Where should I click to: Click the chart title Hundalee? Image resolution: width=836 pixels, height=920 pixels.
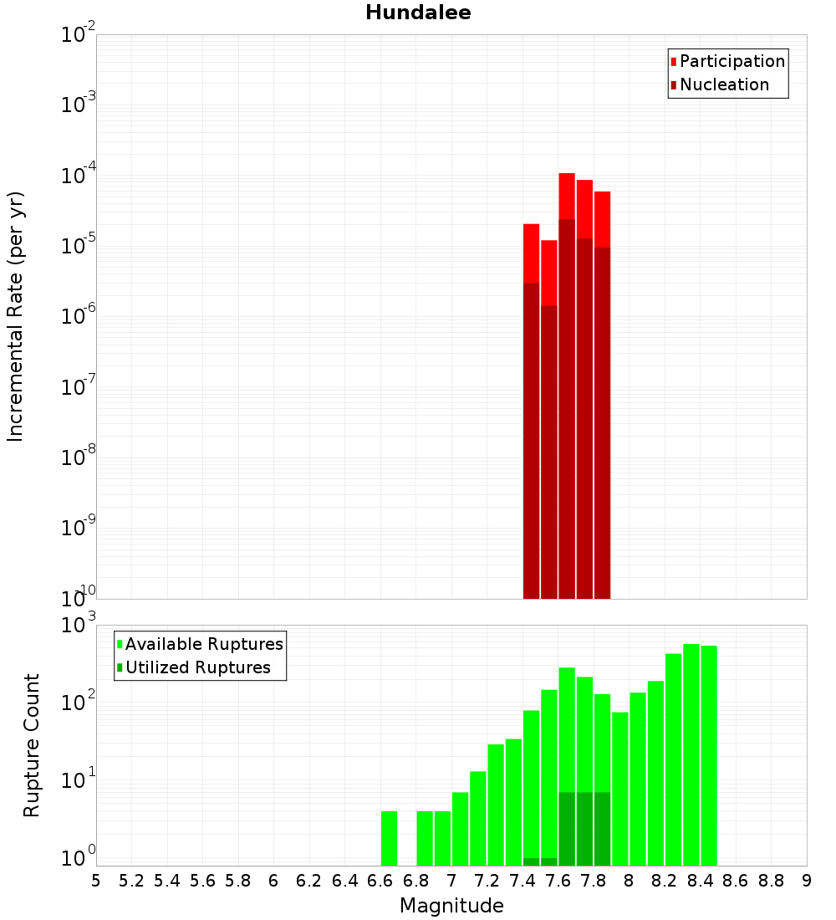(418, 13)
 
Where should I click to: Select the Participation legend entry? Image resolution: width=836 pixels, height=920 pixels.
(732, 61)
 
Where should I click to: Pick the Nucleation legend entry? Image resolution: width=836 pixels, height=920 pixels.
(724, 84)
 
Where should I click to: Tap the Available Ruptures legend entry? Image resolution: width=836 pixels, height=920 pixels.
(204, 644)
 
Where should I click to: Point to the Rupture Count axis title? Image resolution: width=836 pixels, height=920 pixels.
(32, 745)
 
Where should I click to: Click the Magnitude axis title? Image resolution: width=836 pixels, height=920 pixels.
(451, 906)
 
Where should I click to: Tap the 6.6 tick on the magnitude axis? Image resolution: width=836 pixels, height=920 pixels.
(380, 880)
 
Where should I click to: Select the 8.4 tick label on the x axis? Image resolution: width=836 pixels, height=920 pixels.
(700, 880)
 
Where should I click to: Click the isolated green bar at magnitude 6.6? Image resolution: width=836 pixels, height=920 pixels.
(389, 838)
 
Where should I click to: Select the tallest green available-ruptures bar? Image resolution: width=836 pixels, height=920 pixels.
(691, 753)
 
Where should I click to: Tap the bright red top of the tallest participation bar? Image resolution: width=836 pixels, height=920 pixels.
(567, 196)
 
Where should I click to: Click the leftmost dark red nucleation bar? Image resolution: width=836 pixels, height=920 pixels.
(531, 443)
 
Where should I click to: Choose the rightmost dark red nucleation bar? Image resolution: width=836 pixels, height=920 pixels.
(602, 427)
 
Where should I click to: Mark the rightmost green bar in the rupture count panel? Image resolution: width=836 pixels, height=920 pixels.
(709, 753)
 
